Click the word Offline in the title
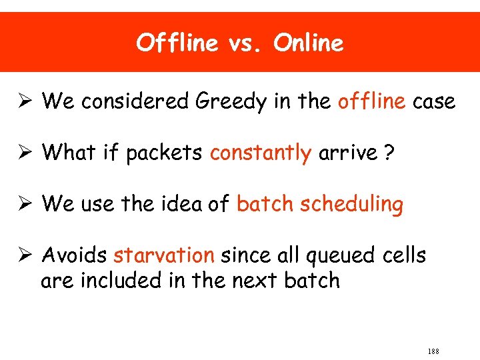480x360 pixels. [177, 43]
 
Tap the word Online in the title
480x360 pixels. [309, 43]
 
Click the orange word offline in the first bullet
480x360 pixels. [371, 101]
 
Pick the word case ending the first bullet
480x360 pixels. [434, 103]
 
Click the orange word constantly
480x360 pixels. [261, 153]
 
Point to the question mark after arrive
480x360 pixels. [387, 153]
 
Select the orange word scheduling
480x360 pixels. [352, 205]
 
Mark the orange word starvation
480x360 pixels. [164, 255]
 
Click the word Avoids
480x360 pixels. [75, 255]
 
